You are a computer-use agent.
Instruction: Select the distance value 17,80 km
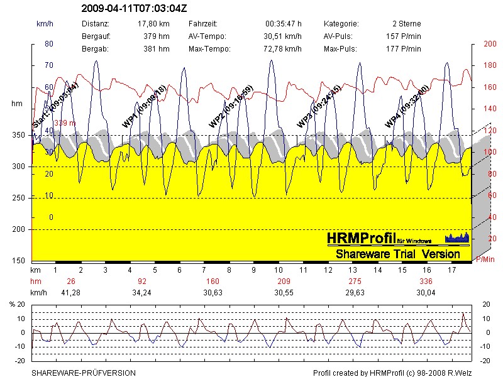(x=154, y=24)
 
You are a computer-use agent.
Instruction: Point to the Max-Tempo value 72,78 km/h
(x=284, y=49)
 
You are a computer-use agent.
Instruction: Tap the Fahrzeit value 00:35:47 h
(x=284, y=24)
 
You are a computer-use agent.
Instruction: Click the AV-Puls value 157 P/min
(x=403, y=36)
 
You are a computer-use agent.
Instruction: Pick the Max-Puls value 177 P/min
(x=403, y=49)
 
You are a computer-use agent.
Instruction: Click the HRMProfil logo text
(x=361, y=238)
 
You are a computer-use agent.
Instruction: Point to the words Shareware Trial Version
(x=397, y=254)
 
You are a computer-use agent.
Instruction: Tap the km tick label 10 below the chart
(x=278, y=270)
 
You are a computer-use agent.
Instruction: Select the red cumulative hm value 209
(x=284, y=281)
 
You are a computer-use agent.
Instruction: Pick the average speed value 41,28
(x=70, y=292)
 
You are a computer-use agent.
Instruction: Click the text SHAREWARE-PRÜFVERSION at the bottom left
(x=84, y=373)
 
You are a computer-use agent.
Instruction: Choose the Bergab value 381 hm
(x=157, y=49)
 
